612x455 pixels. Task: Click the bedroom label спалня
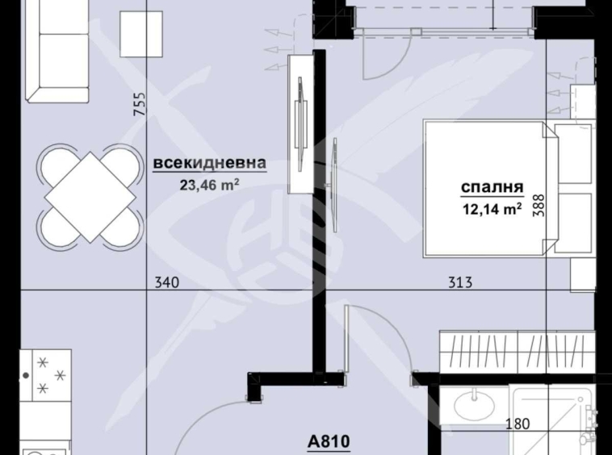(x=492, y=188)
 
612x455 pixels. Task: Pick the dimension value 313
(x=460, y=282)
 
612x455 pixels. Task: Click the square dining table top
(x=90, y=194)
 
